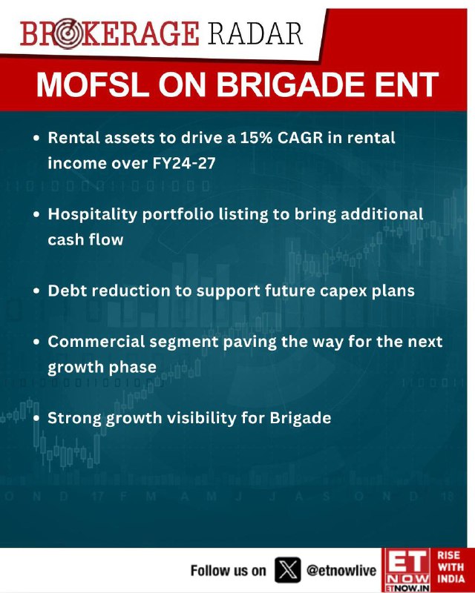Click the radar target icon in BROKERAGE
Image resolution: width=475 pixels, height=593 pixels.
67,33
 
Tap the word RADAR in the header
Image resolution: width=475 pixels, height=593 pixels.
255,33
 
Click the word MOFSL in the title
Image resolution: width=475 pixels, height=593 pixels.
93,85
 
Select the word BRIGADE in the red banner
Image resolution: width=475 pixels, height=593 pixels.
289,85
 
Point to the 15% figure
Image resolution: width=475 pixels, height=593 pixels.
256,138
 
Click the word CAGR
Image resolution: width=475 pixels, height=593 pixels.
300,138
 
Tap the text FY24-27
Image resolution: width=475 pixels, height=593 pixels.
184,163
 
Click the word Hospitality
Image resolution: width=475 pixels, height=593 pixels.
93,214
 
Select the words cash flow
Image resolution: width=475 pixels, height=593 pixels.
85,239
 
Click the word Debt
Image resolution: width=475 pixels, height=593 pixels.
68,291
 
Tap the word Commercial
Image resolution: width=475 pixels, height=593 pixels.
96,342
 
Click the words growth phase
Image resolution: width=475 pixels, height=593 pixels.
102,368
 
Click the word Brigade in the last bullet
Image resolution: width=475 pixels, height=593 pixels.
301,418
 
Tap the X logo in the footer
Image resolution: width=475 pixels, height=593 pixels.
287,569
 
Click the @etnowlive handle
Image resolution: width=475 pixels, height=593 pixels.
341,570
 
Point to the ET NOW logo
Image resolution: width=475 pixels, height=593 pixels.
407,570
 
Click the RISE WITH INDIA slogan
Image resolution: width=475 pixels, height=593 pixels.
451,567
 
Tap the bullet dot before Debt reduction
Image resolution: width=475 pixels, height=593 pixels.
36,291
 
